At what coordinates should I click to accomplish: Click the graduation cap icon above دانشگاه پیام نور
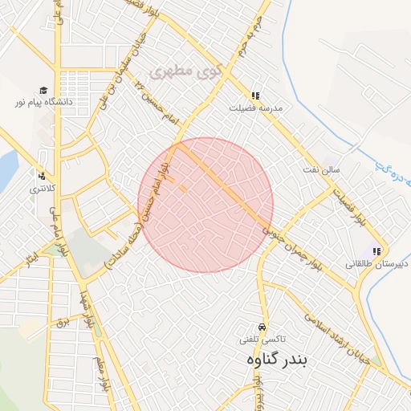coord(42,91)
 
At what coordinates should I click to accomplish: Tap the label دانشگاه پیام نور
coord(42,103)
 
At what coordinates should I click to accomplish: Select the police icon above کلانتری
coord(42,177)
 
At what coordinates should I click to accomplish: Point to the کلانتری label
coord(42,189)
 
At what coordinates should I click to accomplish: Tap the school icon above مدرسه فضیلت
coord(256,95)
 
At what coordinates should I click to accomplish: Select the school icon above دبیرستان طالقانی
coord(376,251)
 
